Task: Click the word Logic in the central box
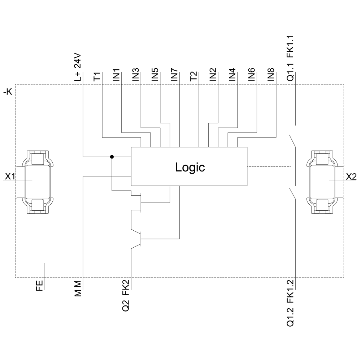[x=190, y=168]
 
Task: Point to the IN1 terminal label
[x=116, y=74]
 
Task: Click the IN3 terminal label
[x=136, y=74]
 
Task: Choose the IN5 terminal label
[x=155, y=74]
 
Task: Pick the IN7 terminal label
[x=174, y=74]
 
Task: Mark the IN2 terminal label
[x=213, y=74]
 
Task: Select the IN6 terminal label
[x=252, y=74]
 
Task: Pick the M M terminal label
[x=78, y=289]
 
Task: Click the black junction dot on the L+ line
[x=112, y=157]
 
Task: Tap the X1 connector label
[x=10, y=177]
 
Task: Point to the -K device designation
[x=8, y=92]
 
